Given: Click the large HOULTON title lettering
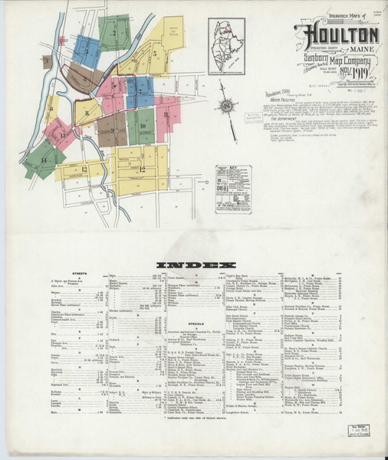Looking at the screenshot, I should click(342, 36).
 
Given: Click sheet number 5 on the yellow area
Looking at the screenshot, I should click(154, 54).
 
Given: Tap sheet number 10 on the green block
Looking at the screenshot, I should click(143, 123).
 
